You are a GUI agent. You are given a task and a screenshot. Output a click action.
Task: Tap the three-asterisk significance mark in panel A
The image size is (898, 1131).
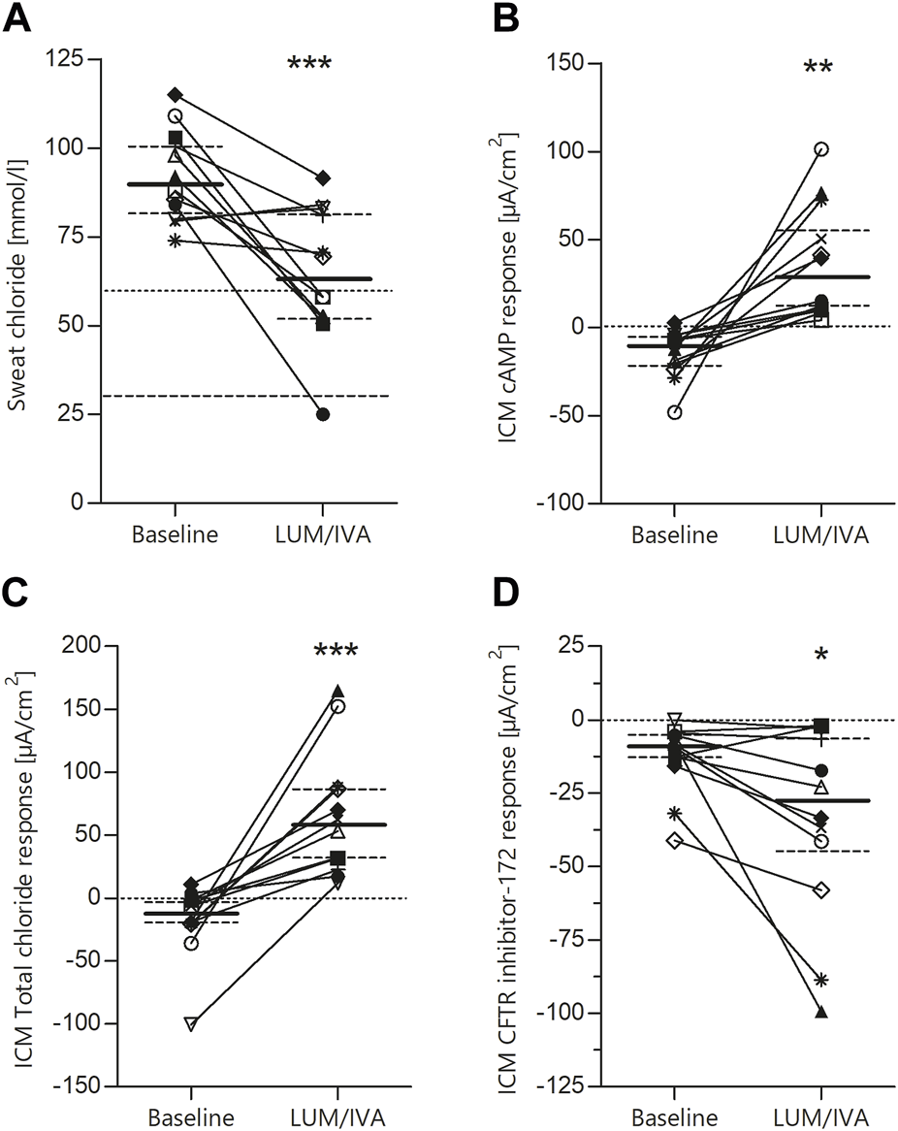pos(309,66)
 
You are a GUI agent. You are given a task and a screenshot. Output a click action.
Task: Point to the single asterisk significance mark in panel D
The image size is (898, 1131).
pos(821,657)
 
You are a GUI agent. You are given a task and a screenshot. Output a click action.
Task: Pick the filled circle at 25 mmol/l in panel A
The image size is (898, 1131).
pos(323,414)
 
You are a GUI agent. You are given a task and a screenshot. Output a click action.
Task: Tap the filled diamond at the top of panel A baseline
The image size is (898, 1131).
pos(175,94)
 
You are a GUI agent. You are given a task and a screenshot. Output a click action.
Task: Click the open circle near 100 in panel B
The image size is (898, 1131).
pos(821,149)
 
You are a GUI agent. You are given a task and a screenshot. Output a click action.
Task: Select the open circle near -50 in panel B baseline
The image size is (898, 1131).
pos(674,412)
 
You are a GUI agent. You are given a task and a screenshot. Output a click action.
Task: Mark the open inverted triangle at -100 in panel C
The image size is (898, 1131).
pos(191,1023)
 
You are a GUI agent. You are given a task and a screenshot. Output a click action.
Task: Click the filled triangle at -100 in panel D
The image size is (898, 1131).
pos(821,1013)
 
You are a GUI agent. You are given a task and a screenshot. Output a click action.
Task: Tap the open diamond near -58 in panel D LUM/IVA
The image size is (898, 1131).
pos(821,889)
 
